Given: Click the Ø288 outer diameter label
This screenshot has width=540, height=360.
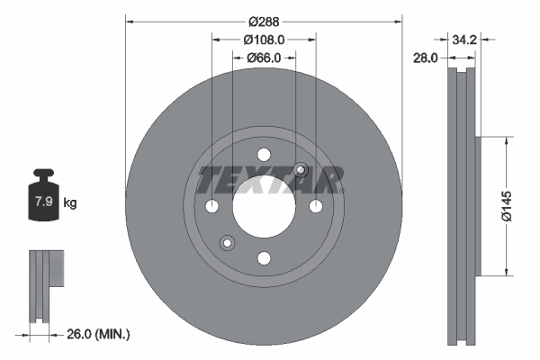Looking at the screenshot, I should click(263, 20).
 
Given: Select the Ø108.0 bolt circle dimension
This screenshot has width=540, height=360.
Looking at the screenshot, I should click(264, 40).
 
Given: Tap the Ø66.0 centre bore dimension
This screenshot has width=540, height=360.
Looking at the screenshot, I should click(264, 58).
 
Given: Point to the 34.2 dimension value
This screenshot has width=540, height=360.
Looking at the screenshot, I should click(464, 40).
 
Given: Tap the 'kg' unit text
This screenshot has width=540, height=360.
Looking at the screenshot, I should click(70, 203).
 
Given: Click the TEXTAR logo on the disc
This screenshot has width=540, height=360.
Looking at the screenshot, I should click(271, 180).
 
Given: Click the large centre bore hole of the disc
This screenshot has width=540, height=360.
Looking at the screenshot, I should click(264, 206).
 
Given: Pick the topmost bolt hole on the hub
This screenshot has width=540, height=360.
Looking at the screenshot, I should click(264, 154).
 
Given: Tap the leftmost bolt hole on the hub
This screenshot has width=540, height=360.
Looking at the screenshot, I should click(211, 206).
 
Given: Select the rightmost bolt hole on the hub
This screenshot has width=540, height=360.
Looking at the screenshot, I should click(316, 206).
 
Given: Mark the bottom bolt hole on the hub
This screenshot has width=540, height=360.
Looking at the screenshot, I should click(264, 258).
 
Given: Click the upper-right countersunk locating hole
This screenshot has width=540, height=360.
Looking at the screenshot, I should click(301, 170).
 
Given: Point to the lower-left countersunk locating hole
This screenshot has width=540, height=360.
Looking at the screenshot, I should click(227, 242).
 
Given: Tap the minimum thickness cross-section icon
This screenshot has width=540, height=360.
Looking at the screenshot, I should click(45, 283).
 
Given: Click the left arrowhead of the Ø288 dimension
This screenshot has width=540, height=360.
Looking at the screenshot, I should click(129, 20).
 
